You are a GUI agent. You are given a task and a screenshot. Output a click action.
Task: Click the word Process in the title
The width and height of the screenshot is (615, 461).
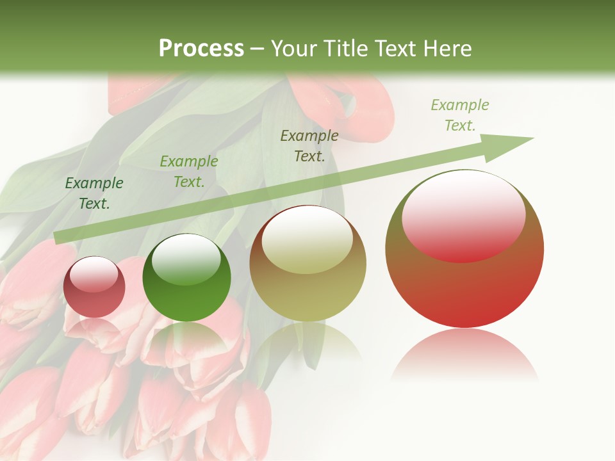201,48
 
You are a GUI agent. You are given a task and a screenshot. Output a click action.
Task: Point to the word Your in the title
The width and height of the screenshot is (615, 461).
291,49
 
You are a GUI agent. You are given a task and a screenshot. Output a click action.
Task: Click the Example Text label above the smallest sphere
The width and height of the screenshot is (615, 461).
94,193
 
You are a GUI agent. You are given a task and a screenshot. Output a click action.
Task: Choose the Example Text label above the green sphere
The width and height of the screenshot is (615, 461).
189,172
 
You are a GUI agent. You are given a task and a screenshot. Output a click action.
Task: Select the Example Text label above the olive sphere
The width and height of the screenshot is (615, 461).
309,146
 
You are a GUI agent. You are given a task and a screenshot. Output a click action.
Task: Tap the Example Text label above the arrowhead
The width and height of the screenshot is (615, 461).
460,115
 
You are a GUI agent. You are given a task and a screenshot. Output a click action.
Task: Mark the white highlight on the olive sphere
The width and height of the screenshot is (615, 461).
307,240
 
